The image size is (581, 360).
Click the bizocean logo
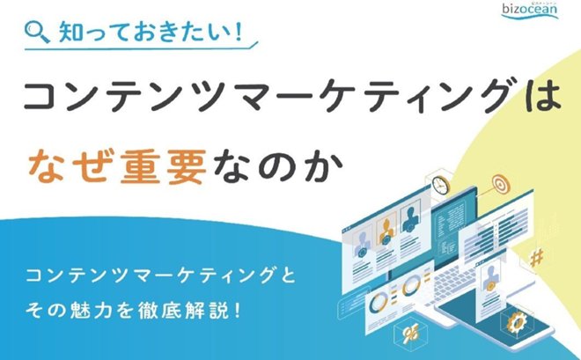click(x=530, y=10)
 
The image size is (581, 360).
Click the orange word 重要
click(x=163, y=166)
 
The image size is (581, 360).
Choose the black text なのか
click(x=277, y=166)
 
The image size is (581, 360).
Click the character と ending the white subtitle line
click(x=287, y=276)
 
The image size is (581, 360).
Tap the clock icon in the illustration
click(x=441, y=184)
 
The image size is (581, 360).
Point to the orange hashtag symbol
click(x=537, y=257)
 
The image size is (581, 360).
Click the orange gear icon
click(x=516, y=322)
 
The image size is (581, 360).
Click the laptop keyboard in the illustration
click(x=455, y=285)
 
